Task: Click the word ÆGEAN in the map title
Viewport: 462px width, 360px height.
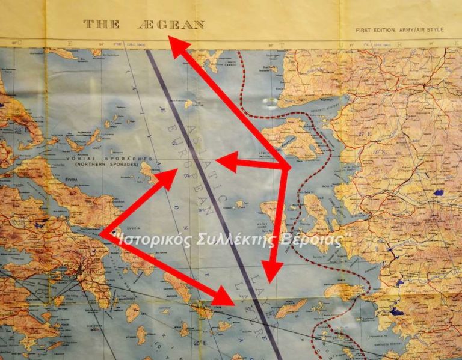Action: [x=179, y=25]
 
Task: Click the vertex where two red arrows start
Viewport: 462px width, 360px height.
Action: [x=102, y=233]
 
